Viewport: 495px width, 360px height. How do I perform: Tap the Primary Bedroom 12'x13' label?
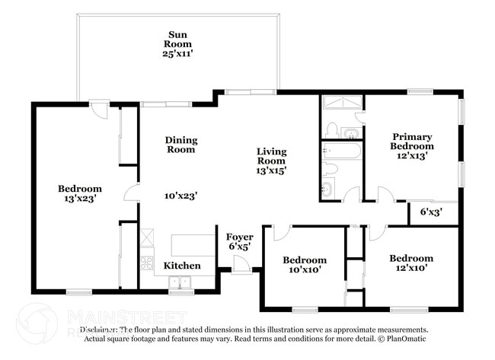(412, 145)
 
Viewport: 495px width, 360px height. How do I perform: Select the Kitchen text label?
(183, 266)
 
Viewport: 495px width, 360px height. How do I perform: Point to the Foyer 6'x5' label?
(239, 242)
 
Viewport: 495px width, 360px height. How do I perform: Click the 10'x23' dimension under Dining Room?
(181, 196)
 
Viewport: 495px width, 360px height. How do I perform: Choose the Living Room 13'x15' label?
(271, 161)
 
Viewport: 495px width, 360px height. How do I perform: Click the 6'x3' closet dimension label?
(431, 212)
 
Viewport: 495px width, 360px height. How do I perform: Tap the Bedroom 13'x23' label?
(80, 193)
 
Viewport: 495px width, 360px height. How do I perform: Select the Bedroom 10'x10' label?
(305, 265)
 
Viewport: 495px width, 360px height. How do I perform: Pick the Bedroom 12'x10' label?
(411, 263)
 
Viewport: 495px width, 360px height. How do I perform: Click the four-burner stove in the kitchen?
(147, 264)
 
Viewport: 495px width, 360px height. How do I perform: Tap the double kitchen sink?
(180, 282)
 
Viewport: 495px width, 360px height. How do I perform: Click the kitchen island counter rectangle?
(193, 245)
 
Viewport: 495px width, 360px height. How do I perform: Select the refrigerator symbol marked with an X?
(147, 237)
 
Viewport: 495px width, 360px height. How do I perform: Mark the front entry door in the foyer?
(241, 266)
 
